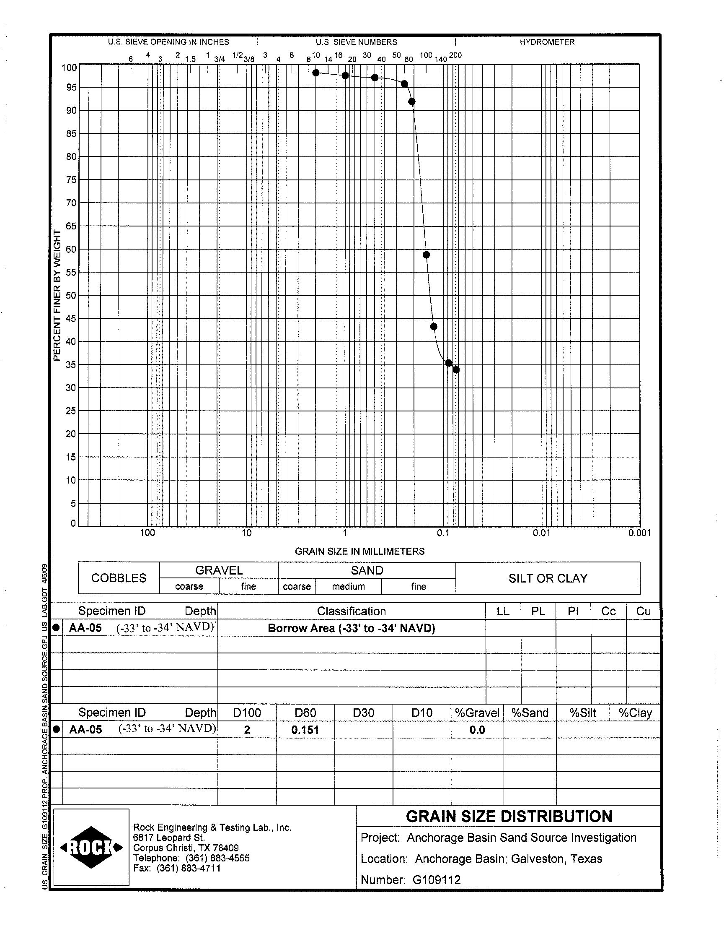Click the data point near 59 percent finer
[427, 255]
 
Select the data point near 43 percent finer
[434, 327]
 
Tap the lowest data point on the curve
[456, 370]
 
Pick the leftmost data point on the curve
[316, 73]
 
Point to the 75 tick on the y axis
[71, 180]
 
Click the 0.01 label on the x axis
[541, 533]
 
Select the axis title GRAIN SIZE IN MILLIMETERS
[359, 551]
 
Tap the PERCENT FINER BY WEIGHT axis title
[57, 296]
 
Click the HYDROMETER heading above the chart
[547, 42]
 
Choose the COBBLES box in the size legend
[119, 578]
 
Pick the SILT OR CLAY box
[548, 578]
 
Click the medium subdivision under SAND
[349, 587]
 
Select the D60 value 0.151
[305, 730]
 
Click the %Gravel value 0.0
[477, 730]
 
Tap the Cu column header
[643, 611]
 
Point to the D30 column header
[363, 713]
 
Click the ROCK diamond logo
[92, 848]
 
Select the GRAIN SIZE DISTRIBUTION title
[509, 817]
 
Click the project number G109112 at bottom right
[436, 880]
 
